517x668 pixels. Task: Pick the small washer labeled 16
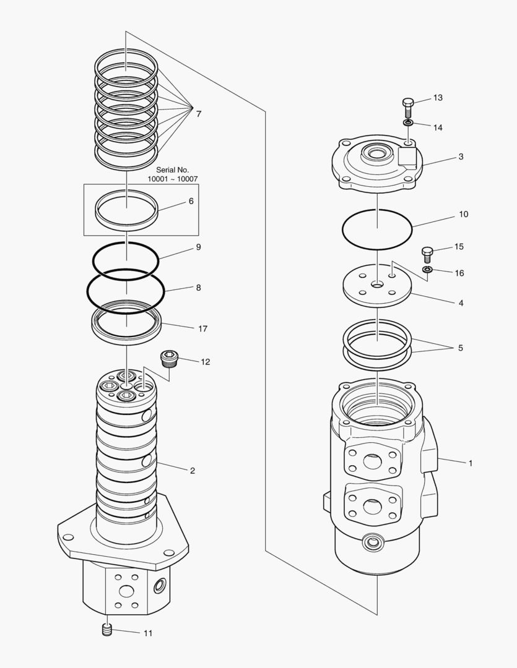[427, 270]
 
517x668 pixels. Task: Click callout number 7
[198, 114]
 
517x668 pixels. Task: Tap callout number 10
[463, 215]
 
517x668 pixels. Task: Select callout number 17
[202, 329]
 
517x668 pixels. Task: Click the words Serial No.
[172, 169]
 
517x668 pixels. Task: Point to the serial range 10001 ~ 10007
[172, 179]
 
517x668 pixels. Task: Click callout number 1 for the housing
[470, 463]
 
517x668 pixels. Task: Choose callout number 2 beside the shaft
[193, 471]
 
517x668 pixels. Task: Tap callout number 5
[460, 348]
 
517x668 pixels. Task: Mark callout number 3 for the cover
[461, 157]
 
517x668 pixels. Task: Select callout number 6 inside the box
[191, 202]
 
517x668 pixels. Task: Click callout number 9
[198, 247]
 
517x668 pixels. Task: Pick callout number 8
[198, 288]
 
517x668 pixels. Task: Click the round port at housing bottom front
[373, 542]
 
